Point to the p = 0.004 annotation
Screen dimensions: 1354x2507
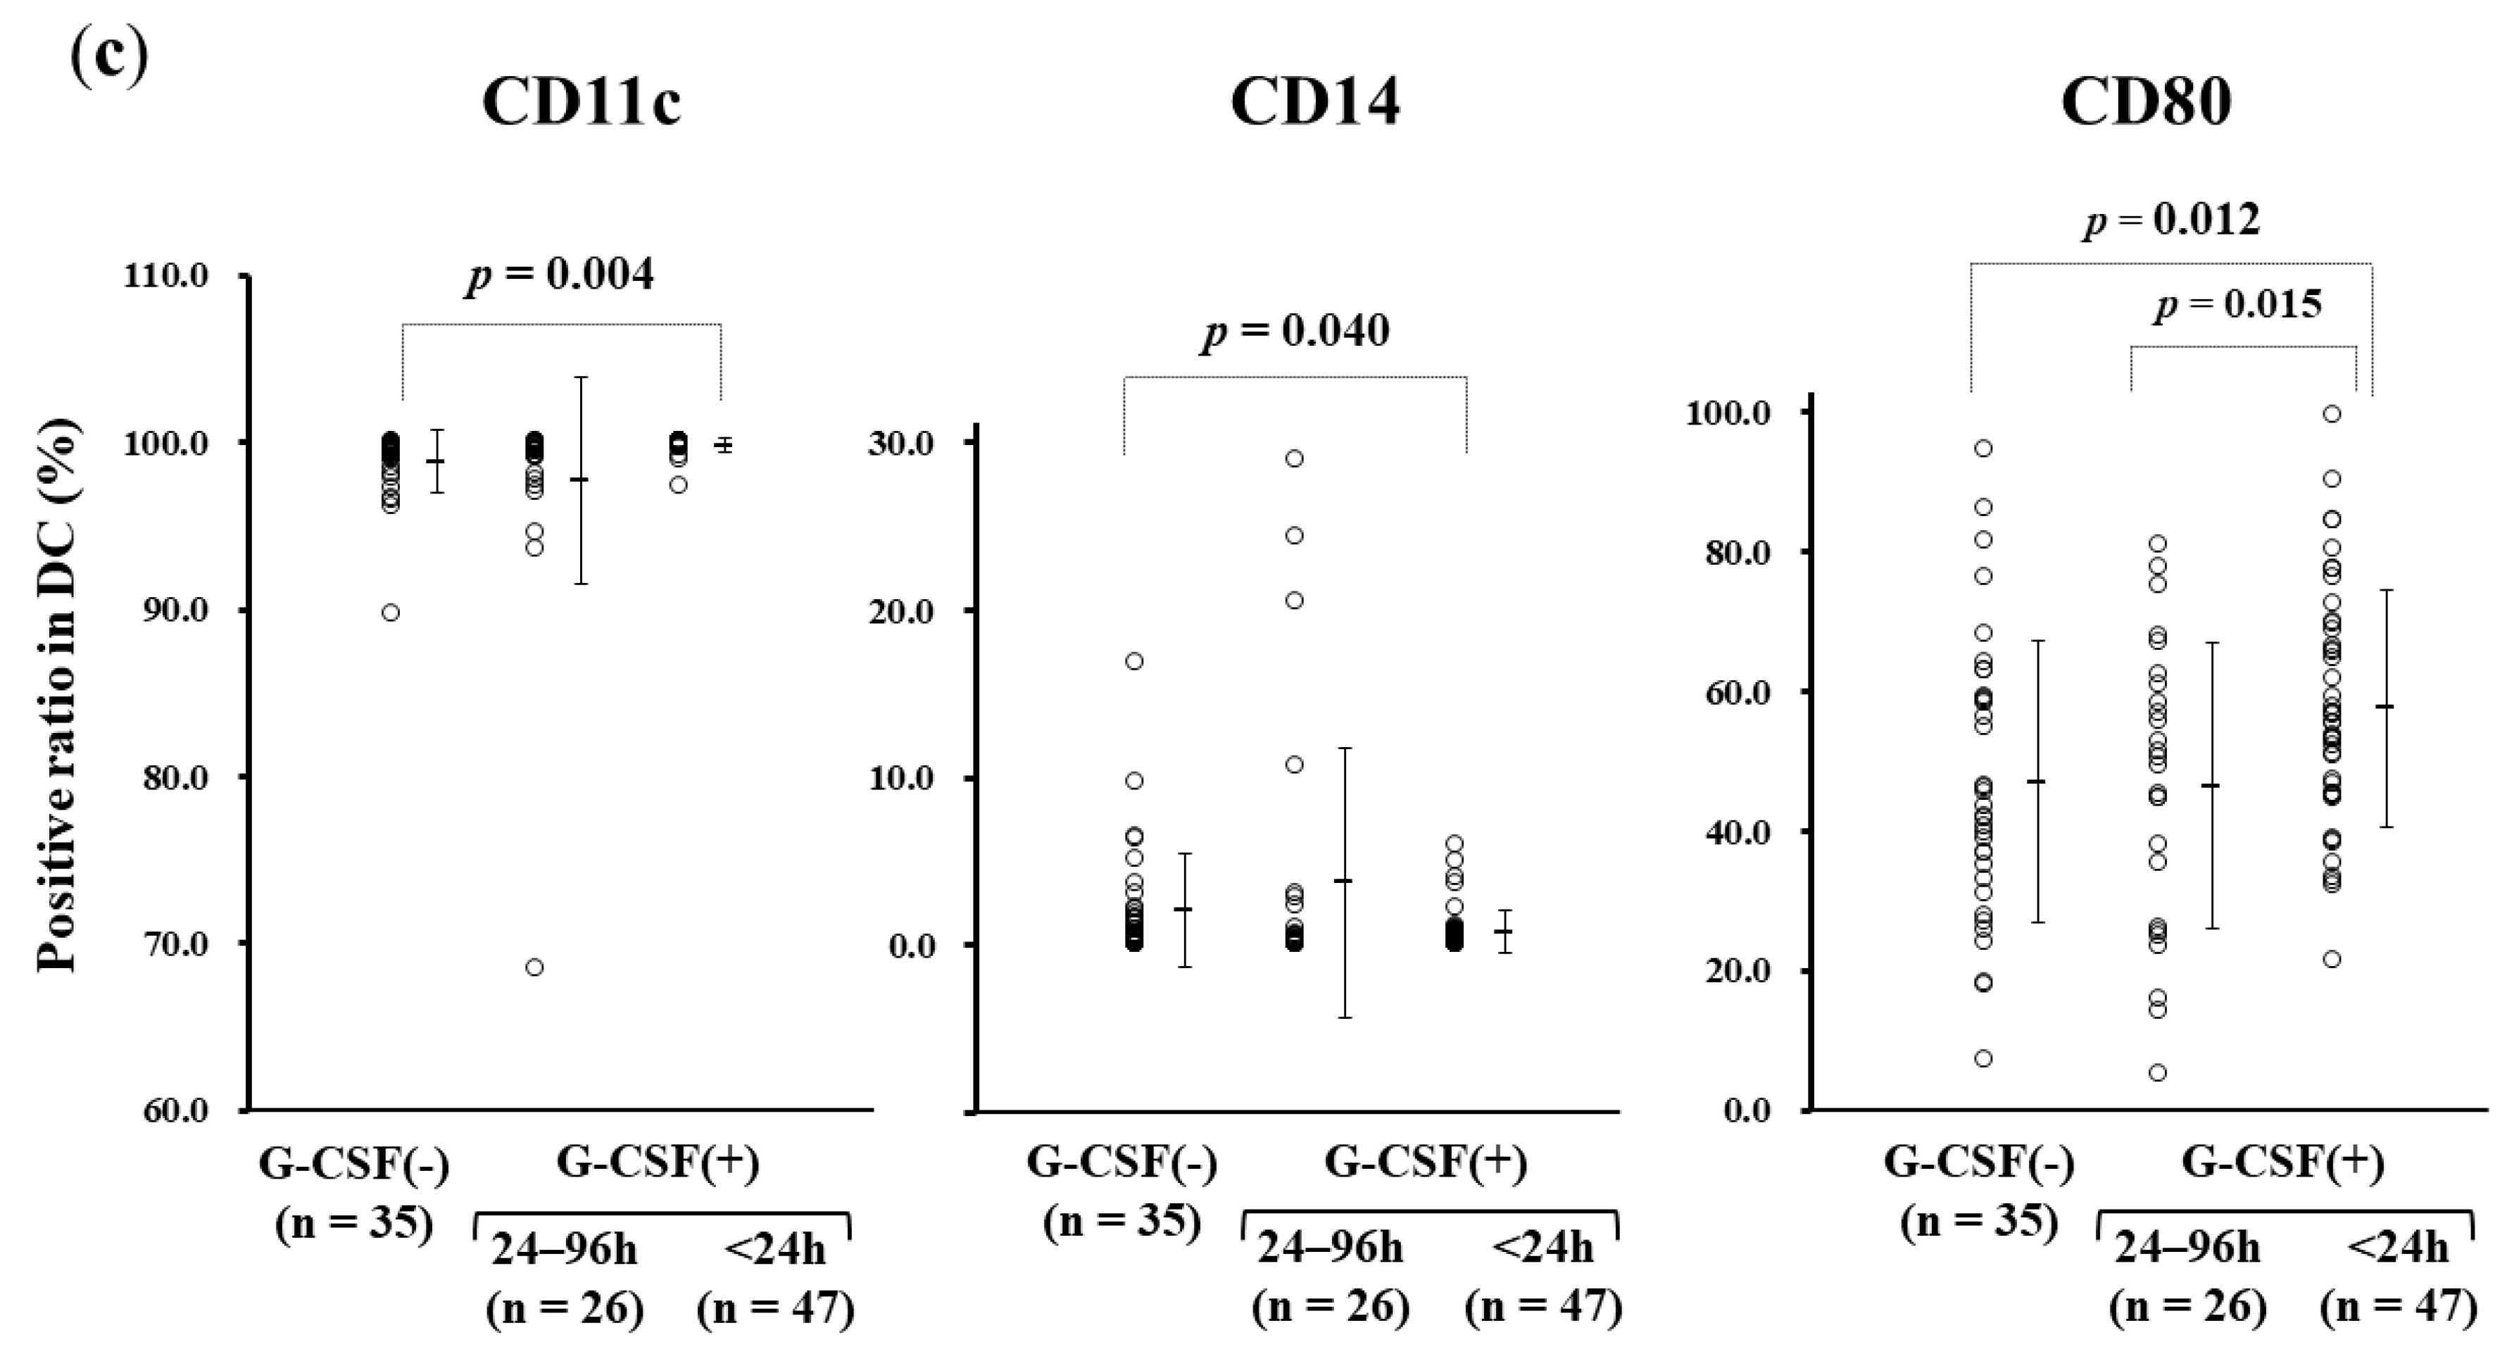560,275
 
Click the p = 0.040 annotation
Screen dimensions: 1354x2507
1295,331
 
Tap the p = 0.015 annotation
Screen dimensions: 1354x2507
2237,305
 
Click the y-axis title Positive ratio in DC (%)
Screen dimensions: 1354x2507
58,696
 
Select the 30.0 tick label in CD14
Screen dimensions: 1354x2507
900,443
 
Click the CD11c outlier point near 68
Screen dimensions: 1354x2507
534,967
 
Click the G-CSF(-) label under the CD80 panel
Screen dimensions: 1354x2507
1980,1162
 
